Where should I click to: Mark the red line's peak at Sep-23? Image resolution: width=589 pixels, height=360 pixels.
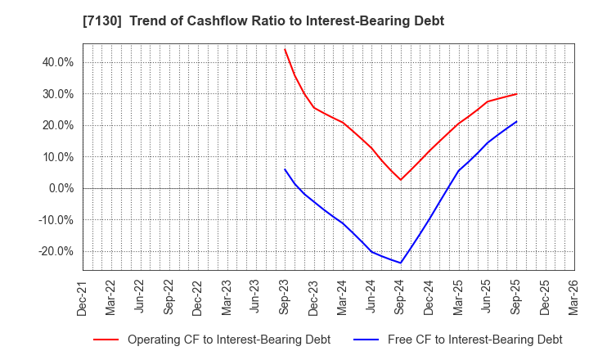[285, 49]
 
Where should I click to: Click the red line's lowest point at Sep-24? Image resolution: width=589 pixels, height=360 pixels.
[400, 180]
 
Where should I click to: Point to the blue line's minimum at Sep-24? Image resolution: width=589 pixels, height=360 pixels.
[400, 263]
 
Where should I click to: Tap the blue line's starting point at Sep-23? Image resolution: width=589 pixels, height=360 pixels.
[285, 169]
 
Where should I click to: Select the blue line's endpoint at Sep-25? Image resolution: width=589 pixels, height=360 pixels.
[516, 122]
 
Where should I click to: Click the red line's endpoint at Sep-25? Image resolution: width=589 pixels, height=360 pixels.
[516, 94]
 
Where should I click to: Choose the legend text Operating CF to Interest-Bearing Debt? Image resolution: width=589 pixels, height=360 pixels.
[229, 340]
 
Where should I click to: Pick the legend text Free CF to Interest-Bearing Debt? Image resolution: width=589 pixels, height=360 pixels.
[474, 340]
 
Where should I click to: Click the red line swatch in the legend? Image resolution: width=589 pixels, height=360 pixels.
[106, 340]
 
